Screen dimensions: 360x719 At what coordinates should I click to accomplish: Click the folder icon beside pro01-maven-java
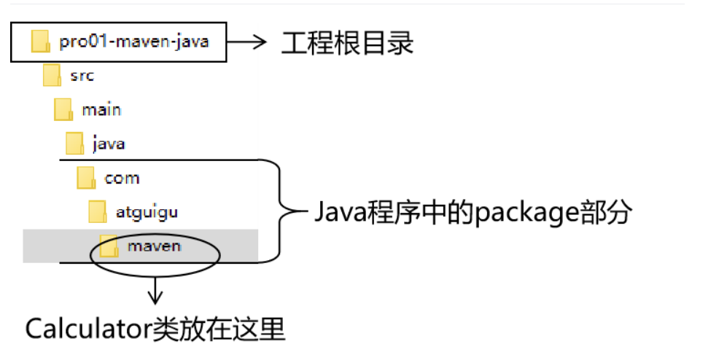pyautogui.click(x=40, y=42)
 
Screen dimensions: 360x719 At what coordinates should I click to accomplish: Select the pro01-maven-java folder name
pyautogui.click(x=134, y=42)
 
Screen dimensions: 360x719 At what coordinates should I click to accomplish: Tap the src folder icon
pyautogui.click(x=52, y=75)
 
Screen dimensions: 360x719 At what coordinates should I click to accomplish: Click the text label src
pyautogui.click(x=82, y=75)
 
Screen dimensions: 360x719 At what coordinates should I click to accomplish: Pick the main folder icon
pyautogui.click(x=63, y=109)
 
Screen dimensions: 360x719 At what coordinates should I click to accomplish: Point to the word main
pyautogui.click(x=101, y=109)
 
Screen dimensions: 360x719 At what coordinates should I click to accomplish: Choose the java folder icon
pyautogui.click(x=74, y=143)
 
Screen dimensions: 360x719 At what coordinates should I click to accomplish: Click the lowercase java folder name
pyautogui.click(x=109, y=144)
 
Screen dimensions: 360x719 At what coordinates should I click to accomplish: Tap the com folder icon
pyautogui.click(x=86, y=177)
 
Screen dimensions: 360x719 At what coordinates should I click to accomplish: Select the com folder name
pyautogui.click(x=122, y=178)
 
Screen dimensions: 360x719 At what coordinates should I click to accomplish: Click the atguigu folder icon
pyautogui.click(x=98, y=212)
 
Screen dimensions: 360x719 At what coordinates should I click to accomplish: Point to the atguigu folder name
pyautogui.click(x=147, y=213)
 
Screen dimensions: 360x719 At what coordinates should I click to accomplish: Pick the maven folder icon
pyautogui.click(x=109, y=246)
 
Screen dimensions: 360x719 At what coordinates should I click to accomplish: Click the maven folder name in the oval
pyautogui.click(x=153, y=246)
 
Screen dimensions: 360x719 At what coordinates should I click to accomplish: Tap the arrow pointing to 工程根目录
pyautogui.click(x=249, y=42)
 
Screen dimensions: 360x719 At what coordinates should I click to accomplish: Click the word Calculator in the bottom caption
pyautogui.click(x=88, y=329)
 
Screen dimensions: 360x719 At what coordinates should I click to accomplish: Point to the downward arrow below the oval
pyautogui.click(x=155, y=291)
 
